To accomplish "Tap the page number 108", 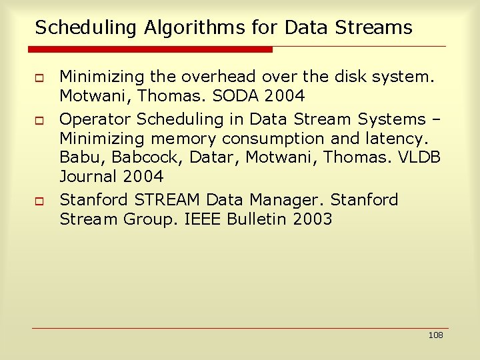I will click(435, 335).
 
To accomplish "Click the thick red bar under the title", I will click(151, 49).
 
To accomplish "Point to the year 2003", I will click(312, 219).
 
